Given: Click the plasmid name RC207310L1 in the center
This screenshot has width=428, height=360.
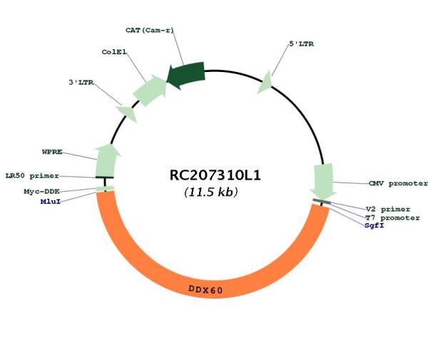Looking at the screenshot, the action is coord(215,175).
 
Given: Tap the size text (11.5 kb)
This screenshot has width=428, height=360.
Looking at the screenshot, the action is coord(211,192).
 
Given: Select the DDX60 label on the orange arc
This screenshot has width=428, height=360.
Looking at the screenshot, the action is coord(206,289).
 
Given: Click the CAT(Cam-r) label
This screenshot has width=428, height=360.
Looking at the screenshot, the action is coord(150,30).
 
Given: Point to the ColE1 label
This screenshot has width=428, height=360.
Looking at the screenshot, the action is coord(114,52).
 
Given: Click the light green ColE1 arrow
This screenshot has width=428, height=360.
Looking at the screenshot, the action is coord(150,89).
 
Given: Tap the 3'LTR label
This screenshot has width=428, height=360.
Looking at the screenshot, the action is coord(81,83).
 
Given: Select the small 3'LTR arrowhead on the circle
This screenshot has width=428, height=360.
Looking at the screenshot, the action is coord(127,113).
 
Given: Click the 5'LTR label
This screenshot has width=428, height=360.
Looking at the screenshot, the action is coord(301,44).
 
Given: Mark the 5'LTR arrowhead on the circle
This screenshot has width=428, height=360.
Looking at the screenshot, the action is coord(265,83).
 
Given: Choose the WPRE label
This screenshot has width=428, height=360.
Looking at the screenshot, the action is coord(52,152).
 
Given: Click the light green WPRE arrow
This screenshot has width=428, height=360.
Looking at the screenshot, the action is coord(107,160).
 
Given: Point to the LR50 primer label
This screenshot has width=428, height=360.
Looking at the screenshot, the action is coord(32,176).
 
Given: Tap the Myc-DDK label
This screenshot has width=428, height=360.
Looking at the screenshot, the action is coord(41,192).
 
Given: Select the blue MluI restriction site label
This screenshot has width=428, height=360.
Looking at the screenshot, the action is coord(51,202).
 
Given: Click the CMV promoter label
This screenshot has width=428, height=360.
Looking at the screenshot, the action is coord(398,183).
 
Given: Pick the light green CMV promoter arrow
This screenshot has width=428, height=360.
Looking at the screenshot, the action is coord(323,181).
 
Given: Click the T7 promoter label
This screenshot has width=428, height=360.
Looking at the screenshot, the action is coord(392,218).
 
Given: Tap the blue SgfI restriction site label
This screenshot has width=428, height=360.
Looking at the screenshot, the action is coord(374,225).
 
